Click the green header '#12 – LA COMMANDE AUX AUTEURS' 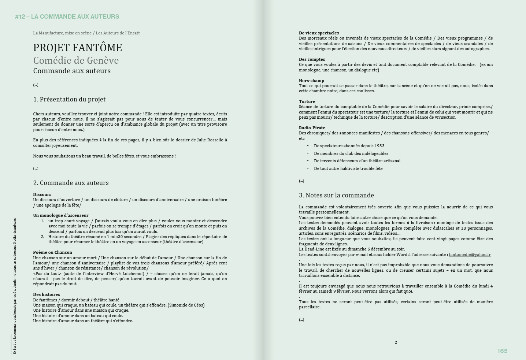tap(67, 16)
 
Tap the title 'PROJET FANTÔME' tap(78, 48)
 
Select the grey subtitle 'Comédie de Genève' tap(76, 60)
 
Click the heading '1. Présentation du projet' tap(69, 99)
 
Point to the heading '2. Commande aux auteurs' tap(71, 183)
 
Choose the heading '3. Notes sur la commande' tap(336, 195)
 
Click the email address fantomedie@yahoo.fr tap(470, 255)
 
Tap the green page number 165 tap(502, 351)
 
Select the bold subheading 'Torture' tap(307, 101)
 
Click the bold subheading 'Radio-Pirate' tap(312, 128)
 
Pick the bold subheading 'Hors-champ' tap(311, 81)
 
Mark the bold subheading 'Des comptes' tap(312, 59)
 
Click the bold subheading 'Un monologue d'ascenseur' tap(61, 215)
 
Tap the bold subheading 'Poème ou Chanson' tap(52, 252)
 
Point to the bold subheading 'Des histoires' tap(47, 294)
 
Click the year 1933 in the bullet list tap(379, 146)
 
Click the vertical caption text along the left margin tap(15, 286)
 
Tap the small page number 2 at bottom tap(396, 342)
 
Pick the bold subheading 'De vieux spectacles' tap(319, 33)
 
